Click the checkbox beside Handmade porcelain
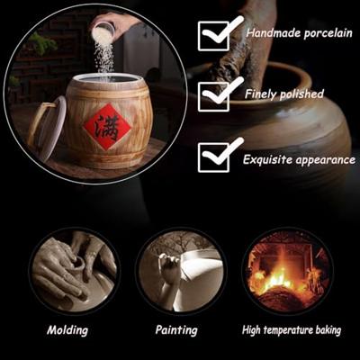pos(213,36)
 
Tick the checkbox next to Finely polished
pos(213,96)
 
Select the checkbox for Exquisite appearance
pos(213,157)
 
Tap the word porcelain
pos(328,33)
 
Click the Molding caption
pos(67,330)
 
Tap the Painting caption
pos(176,330)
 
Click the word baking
pos(328,330)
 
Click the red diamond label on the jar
pos(107,127)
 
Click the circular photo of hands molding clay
pos(74,273)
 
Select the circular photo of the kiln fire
pos(287,273)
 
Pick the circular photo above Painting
pos(181,273)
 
